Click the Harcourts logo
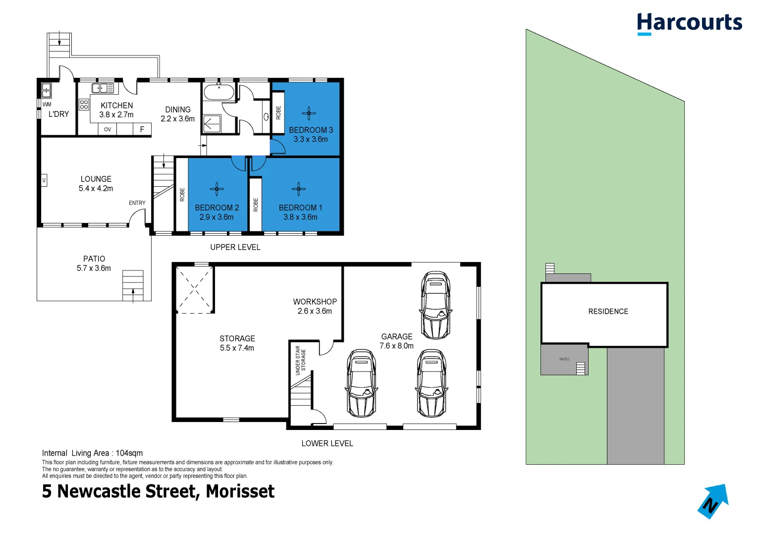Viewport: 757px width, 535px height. (689, 23)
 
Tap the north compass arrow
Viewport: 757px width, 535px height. (713, 501)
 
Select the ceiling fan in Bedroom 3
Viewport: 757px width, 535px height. (309, 113)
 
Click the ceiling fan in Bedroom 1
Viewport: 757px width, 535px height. (298, 189)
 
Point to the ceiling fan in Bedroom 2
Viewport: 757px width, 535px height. (216, 189)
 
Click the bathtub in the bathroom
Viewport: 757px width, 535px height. (219, 93)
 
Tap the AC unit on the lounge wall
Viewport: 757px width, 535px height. (44, 180)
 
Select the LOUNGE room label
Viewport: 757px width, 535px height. (96, 179)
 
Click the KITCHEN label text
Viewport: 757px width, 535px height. (116, 106)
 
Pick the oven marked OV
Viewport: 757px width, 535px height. (108, 129)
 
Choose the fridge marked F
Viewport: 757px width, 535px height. (142, 129)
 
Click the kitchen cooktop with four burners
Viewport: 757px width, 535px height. (84, 105)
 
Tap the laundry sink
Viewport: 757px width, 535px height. (46, 90)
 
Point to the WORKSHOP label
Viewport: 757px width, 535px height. (315, 302)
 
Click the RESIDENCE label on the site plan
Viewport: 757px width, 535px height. (608, 312)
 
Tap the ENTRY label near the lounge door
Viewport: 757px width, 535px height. (137, 203)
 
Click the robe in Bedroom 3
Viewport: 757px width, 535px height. (278, 112)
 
